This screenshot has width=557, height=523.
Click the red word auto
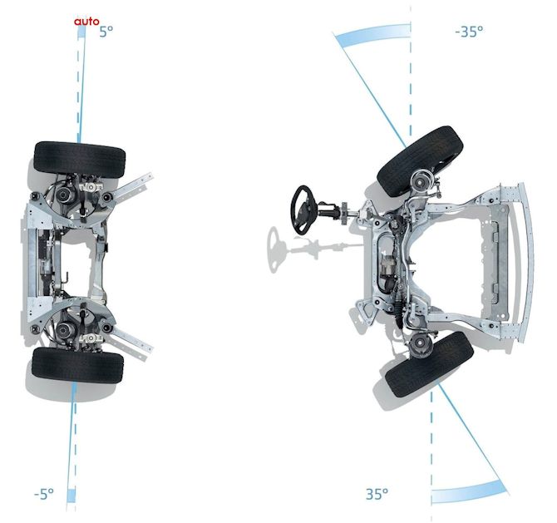tap(86, 22)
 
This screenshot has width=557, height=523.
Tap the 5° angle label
tap(106, 32)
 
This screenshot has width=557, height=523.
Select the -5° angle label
tap(44, 494)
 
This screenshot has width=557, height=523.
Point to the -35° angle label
tap(469, 32)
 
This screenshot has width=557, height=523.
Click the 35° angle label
tap(377, 494)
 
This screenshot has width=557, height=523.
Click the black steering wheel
tap(303, 210)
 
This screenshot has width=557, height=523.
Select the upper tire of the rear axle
tap(80, 160)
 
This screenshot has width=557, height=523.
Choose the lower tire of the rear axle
tap(78, 365)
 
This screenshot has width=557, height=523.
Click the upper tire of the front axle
tap(420, 161)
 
